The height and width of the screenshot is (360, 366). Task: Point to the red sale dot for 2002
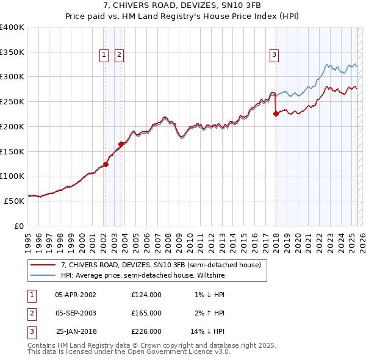(x=106, y=164)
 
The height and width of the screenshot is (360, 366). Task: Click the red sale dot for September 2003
(x=121, y=144)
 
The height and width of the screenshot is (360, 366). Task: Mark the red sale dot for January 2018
(x=276, y=113)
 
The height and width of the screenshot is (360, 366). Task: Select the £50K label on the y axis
(x=15, y=200)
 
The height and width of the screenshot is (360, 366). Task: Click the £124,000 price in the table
(x=146, y=294)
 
